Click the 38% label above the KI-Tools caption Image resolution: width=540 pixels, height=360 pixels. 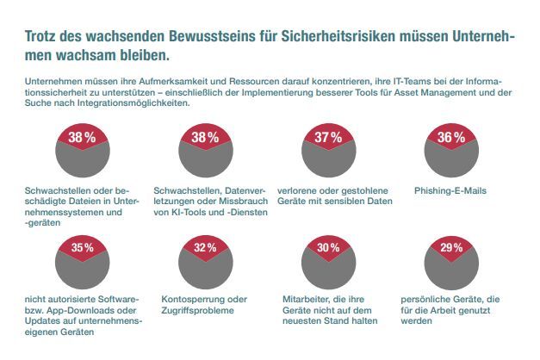point(205,138)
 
